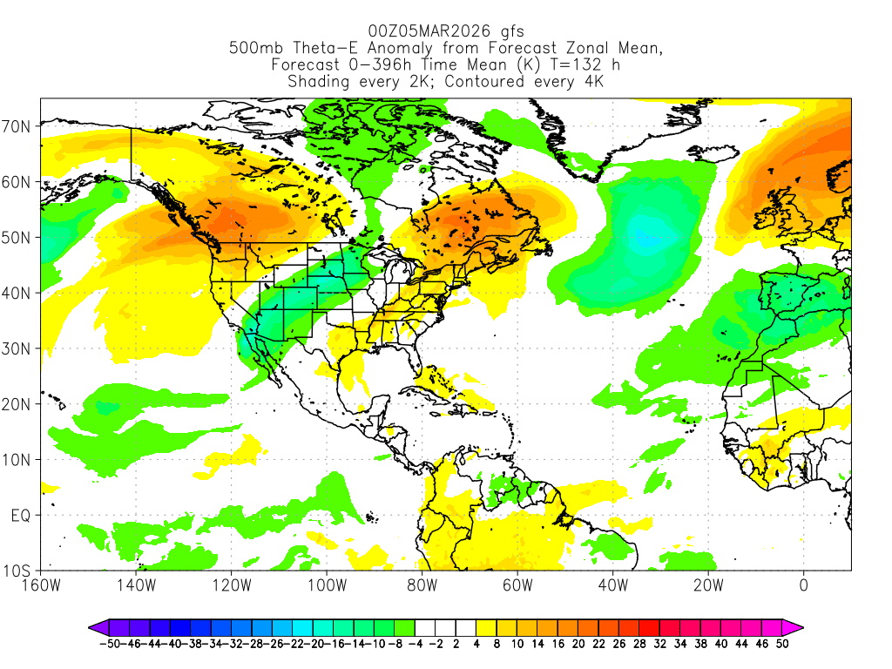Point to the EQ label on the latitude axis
(21, 516)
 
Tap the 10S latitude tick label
(18, 571)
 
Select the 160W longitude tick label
(41, 586)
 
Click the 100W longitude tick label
(327, 586)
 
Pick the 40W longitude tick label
(612, 586)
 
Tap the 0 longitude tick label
(803, 586)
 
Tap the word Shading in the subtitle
(318, 82)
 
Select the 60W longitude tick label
(517, 586)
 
